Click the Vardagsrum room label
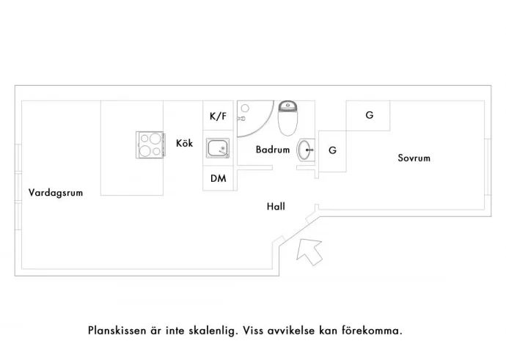click(55, 193)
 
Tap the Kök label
click(184, 144)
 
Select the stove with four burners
click(149, 144)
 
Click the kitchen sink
click(218, 149)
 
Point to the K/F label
click(218, 116)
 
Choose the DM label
click(218, 178)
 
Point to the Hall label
click(276, 207)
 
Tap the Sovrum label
click(414, 158)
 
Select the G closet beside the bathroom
click(332, 150)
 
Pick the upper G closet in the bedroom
click(369, 115)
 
